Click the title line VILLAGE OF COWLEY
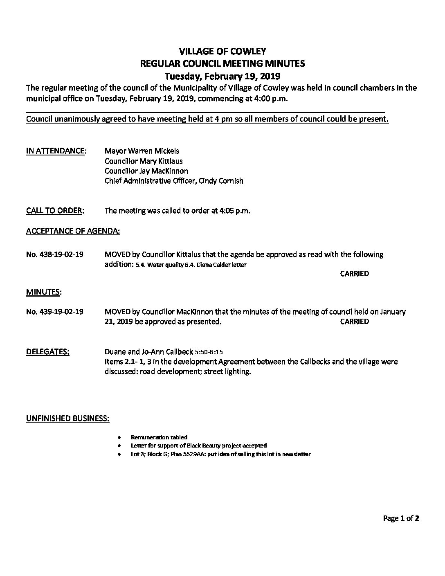(222, 51)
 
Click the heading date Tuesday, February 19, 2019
(222, 76)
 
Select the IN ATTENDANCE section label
(56, 151)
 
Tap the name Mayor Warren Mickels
(142, 151)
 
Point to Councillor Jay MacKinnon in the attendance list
(146, 171)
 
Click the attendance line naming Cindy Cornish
(174, 180)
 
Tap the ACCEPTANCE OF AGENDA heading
(73, 231)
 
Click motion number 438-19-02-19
(54, 254)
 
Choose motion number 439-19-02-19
(54, 312)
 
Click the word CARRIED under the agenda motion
(354, 274)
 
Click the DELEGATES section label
(47, 352)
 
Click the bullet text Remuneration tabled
(159, 437)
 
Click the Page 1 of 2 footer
(401, 518)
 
